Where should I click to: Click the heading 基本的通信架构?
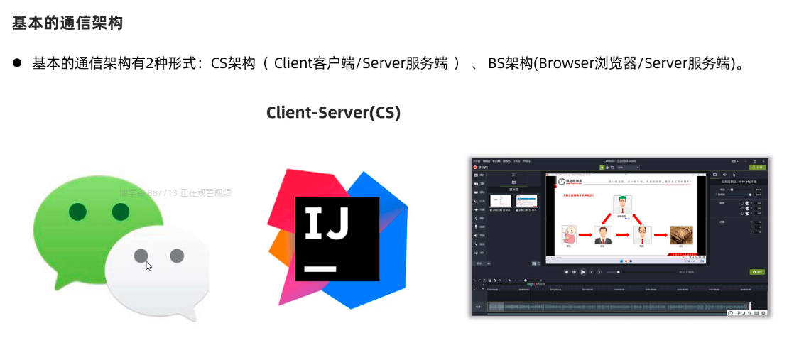click(x=67, y=23)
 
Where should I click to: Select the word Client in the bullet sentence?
click(x=293, y=63)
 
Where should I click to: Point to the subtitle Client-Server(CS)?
click(x=333, y=112)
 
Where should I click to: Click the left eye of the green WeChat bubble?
click(x=78, y=211)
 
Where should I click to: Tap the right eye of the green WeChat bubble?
click(x=120, y=211)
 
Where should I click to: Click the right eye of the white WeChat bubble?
click(x=177, y=256)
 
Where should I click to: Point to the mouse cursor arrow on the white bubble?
click(x=148, y=266)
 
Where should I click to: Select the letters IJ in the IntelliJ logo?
click(x=327, y=223)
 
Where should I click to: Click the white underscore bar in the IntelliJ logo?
click(x=320, y=269)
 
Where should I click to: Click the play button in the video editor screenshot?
click(x=583, y=272)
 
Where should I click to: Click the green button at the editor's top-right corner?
click(x=758, y=167)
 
